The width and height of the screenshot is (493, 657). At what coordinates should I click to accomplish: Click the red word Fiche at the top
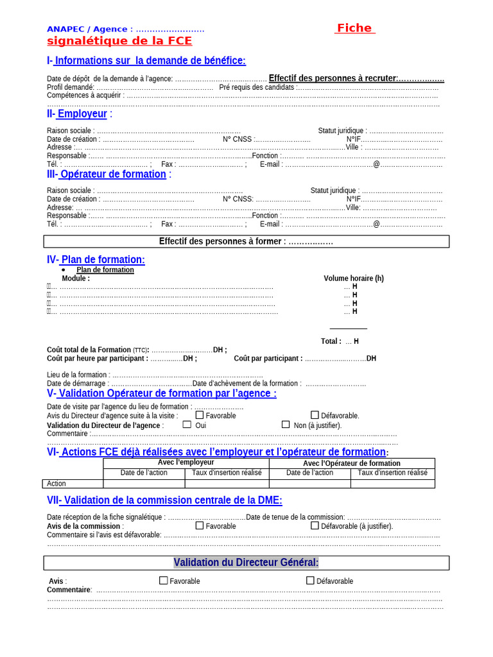coord(354,28)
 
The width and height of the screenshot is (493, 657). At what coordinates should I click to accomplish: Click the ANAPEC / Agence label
coord(87,29)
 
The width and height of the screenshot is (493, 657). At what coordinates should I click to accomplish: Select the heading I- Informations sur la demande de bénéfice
coord(146,60)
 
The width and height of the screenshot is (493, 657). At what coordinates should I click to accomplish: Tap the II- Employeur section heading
coord(80,114)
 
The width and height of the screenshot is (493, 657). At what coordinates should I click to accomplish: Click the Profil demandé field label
coord(70,87)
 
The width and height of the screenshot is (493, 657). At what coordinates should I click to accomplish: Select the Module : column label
coord(76,278)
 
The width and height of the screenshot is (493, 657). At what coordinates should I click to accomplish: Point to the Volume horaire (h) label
coord(354,278)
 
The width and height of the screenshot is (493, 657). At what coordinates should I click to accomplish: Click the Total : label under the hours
coord(331,341)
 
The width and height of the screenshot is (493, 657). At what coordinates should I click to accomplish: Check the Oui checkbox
coord(187,425)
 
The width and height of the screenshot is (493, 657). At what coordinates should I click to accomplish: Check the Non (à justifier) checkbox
coord(286,425)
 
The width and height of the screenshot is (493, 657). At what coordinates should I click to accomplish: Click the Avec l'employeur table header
coord(186,463)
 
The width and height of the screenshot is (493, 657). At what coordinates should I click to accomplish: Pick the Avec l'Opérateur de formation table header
coord(351,463)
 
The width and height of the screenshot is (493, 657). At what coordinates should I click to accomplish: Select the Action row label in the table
coord(56,484)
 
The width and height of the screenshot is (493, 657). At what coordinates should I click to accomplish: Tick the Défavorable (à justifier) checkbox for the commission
coord(315,525)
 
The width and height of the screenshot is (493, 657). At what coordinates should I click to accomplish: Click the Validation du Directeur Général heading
coord(246,563)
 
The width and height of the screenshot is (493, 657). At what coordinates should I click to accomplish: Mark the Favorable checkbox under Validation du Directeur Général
coord(164,581)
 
